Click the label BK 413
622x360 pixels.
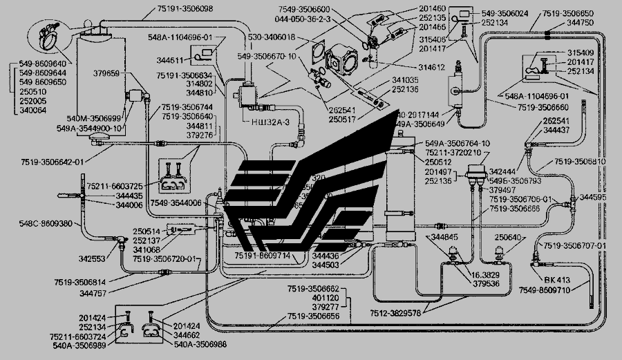click(x=558, y=281)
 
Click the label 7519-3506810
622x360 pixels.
click(x=580, y=162)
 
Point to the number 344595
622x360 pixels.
click(x=593, y=198)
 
